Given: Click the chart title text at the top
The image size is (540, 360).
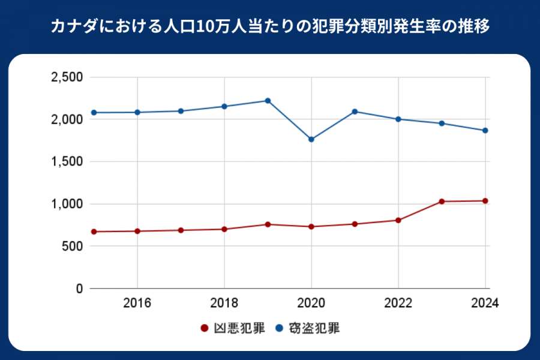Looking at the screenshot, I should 270,27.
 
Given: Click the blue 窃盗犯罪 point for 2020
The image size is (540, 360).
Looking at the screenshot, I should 311,139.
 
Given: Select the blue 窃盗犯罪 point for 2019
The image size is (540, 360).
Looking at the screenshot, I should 268,101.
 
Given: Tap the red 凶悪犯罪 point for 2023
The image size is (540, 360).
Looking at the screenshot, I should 442,202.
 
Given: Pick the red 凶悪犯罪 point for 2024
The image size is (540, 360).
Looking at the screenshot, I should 485,201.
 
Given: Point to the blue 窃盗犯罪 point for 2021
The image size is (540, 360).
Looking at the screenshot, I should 355,112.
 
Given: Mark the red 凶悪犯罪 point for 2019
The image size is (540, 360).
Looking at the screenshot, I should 268,224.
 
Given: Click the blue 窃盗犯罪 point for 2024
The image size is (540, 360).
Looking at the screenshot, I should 485,130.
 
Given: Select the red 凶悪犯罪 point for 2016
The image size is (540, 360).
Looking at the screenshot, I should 137,231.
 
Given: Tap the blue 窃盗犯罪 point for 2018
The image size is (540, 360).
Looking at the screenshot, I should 224,106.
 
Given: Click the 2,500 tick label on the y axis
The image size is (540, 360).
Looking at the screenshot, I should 66,77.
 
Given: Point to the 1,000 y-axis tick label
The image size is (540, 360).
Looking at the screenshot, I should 66,204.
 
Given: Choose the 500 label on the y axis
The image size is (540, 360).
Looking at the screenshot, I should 71,246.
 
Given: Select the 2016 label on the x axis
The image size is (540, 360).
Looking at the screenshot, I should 137,303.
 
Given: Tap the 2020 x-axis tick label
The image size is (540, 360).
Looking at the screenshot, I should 311,303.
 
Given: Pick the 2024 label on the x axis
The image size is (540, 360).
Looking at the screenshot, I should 485,303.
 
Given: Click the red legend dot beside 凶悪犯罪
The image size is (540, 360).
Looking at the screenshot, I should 204,328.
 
